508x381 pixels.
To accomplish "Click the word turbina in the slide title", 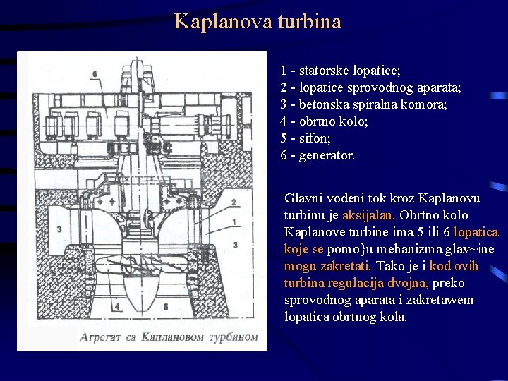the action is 309,21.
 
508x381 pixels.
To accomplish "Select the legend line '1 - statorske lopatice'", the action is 340,71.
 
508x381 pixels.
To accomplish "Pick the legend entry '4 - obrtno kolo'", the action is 324,121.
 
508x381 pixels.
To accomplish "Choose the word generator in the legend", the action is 327,155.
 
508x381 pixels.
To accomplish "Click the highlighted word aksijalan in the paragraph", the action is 371,215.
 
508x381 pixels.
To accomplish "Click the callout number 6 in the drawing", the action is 95,73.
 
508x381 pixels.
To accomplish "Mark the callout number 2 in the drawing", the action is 234,202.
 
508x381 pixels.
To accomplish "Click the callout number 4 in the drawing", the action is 117,307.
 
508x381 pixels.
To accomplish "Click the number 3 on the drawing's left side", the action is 59,229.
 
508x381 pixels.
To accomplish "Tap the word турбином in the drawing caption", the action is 234,337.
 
